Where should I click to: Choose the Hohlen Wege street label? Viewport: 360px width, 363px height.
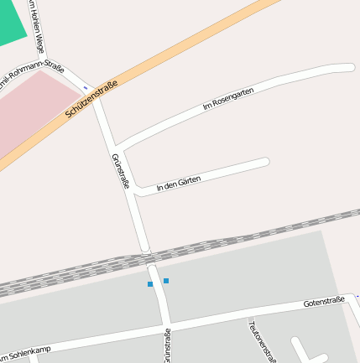pyautogui.click(x=35, y=27)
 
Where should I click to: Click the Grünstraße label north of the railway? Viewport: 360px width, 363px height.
pyautogui.click(x=120, y=171)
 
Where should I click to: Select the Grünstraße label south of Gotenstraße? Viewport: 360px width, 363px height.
pyautogui.click(x=168, y=347)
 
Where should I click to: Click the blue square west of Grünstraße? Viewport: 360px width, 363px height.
pyautogui.click(x=150, y=284)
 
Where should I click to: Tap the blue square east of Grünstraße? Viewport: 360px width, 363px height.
pyautogui.click(x=166, y=280)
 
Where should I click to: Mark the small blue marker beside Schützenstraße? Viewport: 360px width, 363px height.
pyautogui.click(x=85, y=87)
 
